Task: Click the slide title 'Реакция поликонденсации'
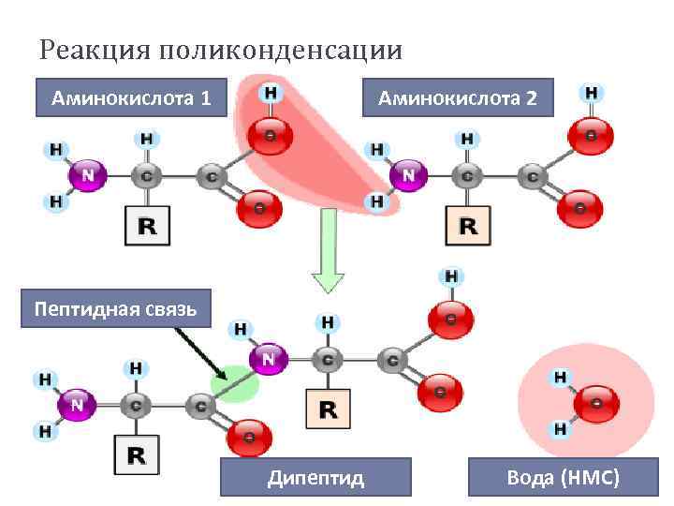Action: (x=221, y=48)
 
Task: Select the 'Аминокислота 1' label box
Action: (x=131, y=97)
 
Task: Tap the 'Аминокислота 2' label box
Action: (x=457, y=97)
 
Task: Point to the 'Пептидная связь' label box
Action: (x=115, y=308)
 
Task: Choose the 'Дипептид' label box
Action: (x=315, y=478)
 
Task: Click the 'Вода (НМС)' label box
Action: (x=563, y=478)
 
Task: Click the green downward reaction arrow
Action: (x=328, y=253)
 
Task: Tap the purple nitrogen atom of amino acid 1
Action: (x=88, y=174)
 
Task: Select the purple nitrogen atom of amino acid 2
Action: (x=409, y=174)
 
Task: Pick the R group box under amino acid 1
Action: (x=148, y=226)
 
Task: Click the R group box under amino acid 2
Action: (x=468, y=226)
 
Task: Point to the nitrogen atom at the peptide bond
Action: (x=269, y=358)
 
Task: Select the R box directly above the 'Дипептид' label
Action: (x=329, y=409)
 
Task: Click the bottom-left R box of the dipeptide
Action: (x=137, y=455)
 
